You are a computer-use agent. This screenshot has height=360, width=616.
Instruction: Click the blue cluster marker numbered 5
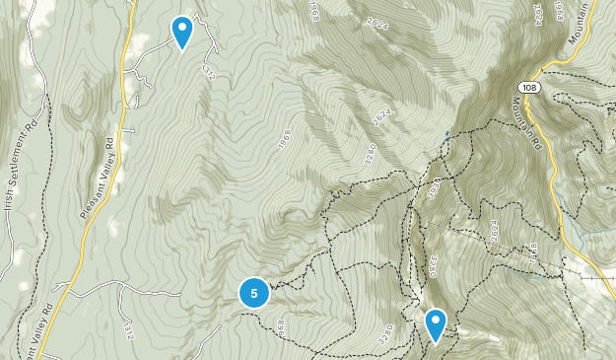(x=254, y=292)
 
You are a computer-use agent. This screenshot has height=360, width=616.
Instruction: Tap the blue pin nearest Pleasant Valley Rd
(x=182, y=31)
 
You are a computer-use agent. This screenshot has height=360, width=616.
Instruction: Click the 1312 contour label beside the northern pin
(x=207, y=71)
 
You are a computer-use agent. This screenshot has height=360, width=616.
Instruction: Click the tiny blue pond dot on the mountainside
(x=446, y=132)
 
